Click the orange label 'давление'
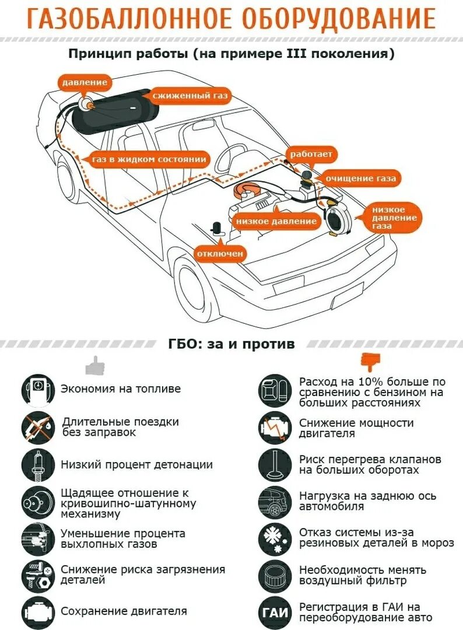pos(85,82)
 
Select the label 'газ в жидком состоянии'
pos(150,159)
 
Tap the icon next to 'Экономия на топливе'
pos(38,389)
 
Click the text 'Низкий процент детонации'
pos(136,465)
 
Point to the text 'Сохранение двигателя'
pos(124,611)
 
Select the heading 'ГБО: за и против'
pos(231,344)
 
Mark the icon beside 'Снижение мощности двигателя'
pos(274,428)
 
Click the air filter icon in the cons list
pos(274,574)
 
